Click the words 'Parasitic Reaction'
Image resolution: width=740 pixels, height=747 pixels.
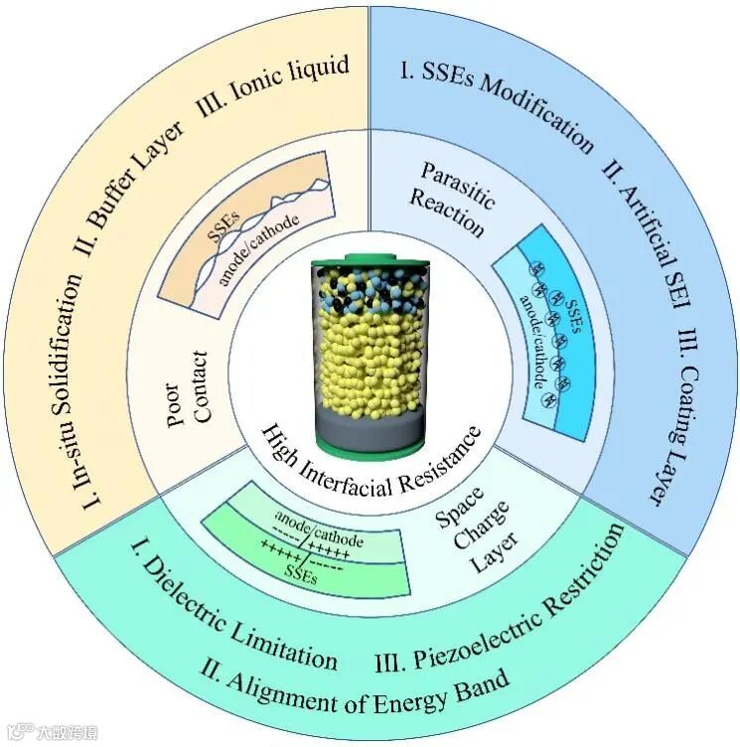[x=453, y=200]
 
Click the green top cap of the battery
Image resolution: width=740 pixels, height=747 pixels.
[x=373, y=263]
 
